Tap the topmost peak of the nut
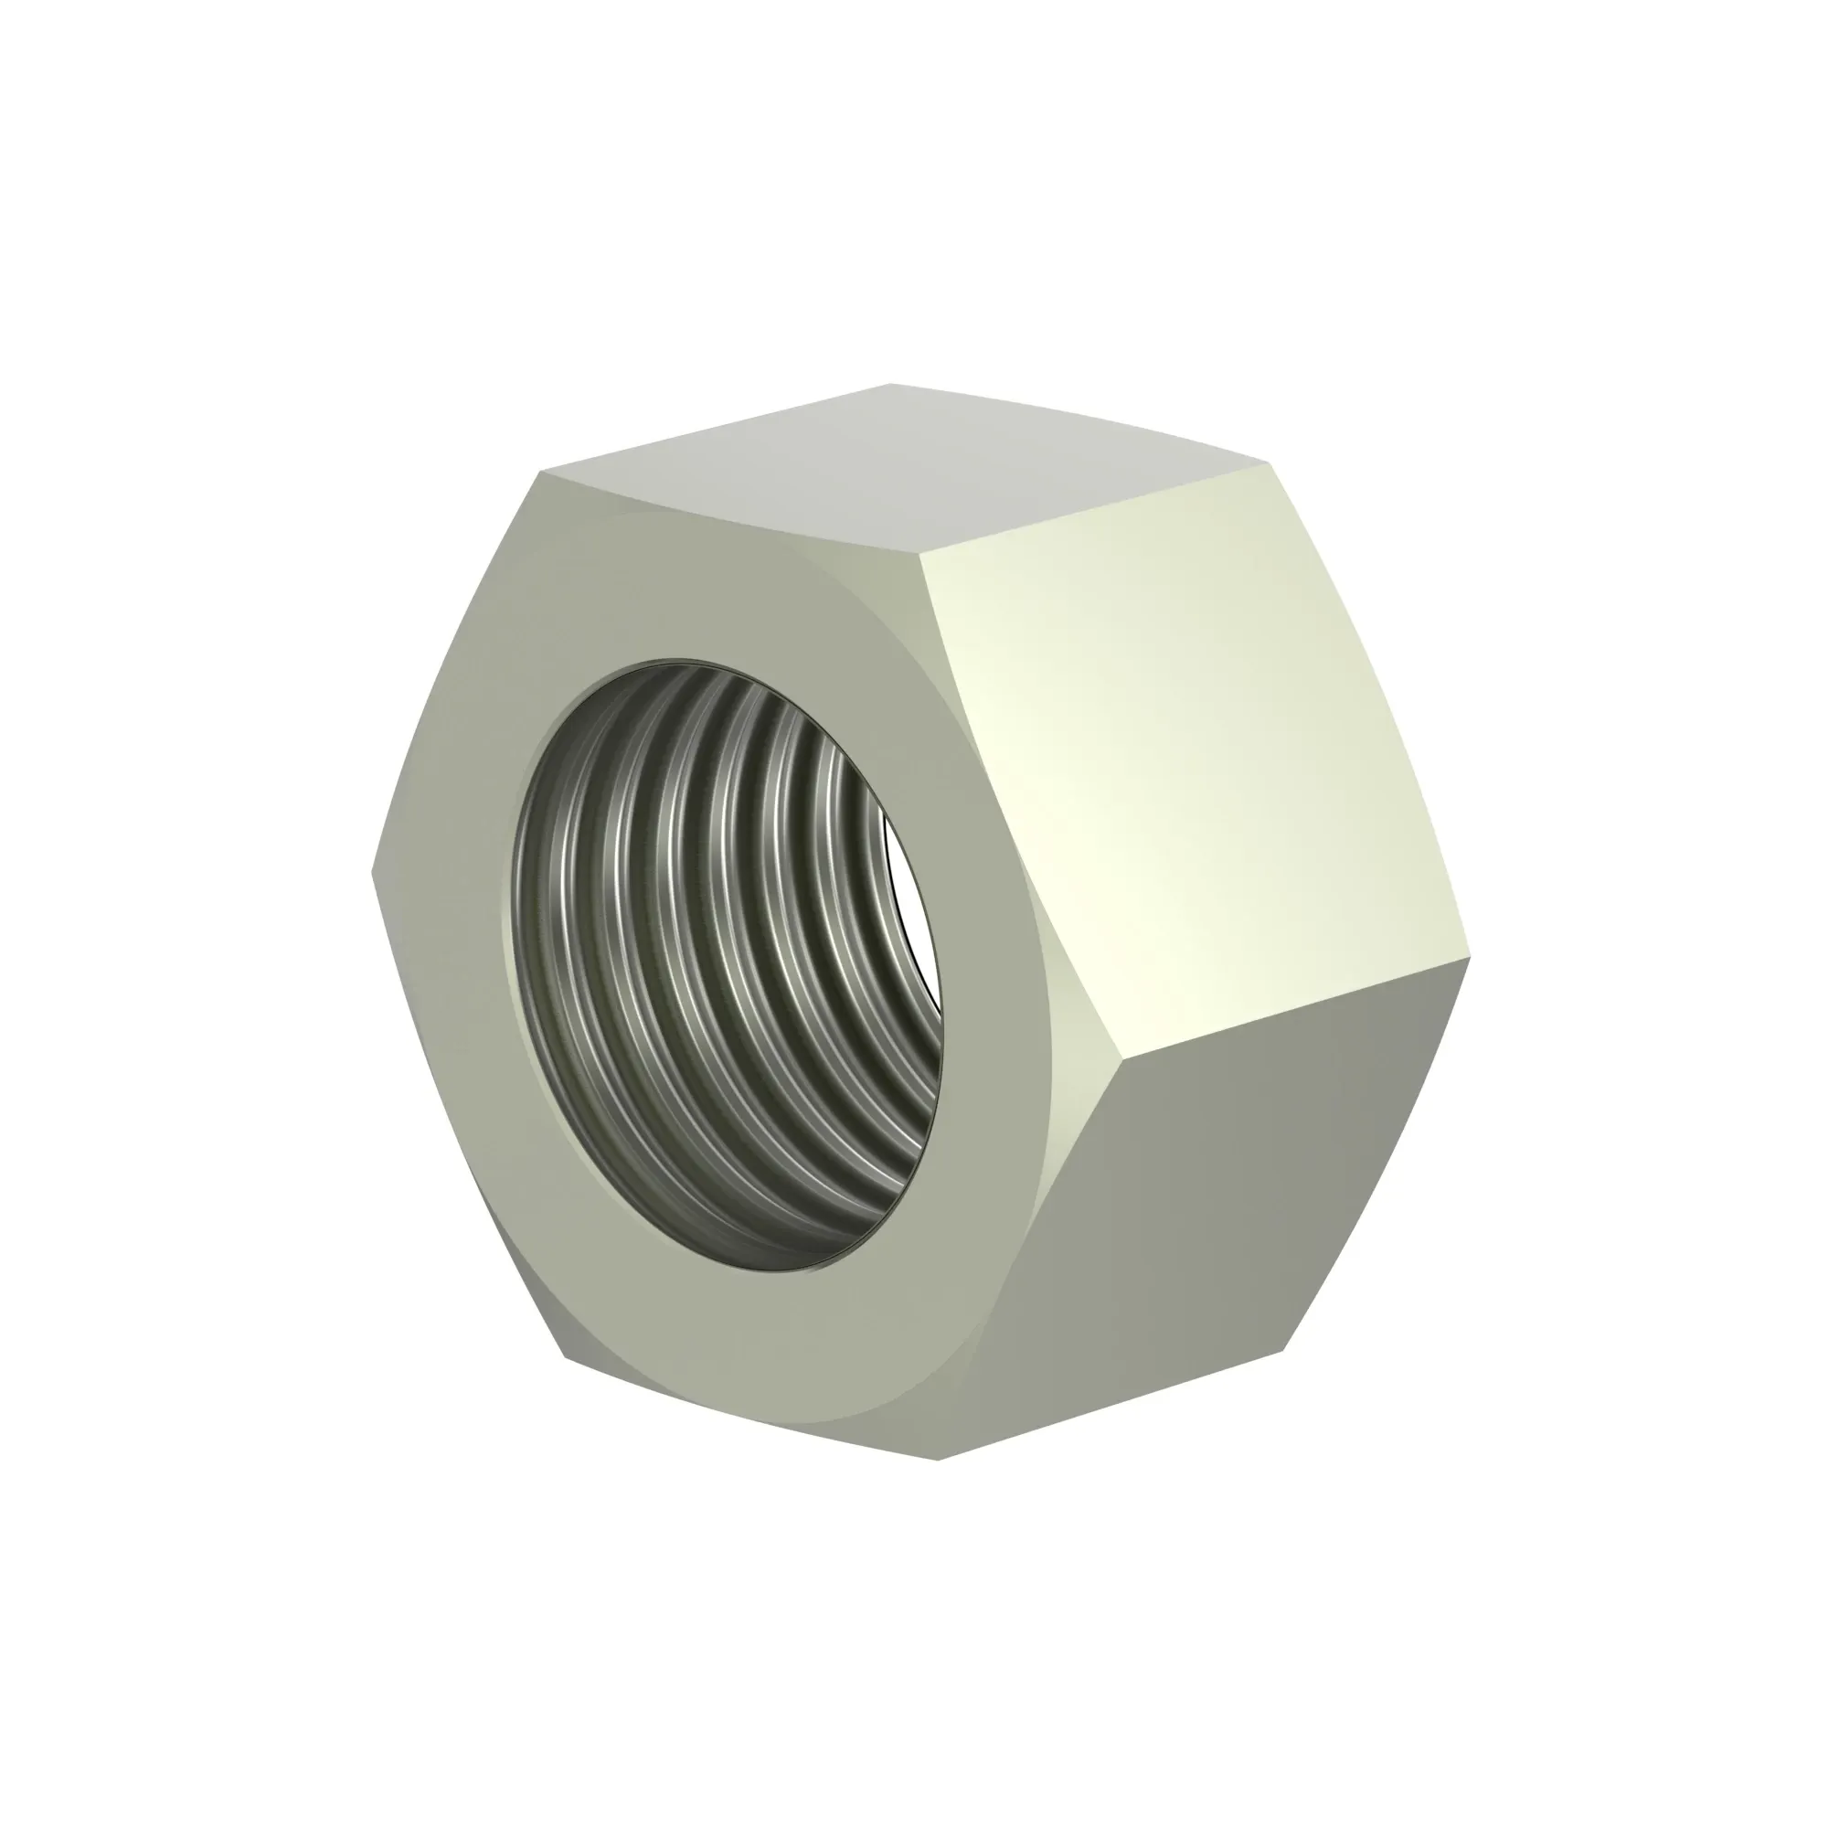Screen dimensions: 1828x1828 point(889,384)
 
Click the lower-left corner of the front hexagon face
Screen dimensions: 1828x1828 point(566,1359)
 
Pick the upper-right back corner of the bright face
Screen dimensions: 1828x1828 point(1268,463)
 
